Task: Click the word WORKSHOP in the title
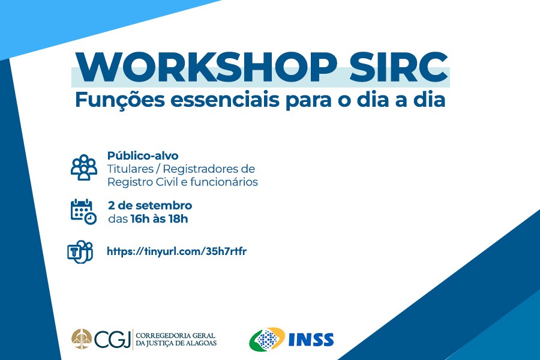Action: [206, 67]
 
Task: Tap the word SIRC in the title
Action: [398, 67]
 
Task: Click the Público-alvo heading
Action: [143, 156]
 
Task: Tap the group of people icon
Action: [83, 167]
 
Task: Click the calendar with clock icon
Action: [83, 212]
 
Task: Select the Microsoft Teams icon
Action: [80, 252]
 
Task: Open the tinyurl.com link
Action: [176, 251]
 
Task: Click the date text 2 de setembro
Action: [150, 205]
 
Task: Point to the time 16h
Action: [139, 219]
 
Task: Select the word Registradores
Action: [200, 169]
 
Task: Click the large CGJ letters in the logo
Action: [112, 340]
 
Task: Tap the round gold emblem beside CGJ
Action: [81, 339]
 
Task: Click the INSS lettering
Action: [311, 340]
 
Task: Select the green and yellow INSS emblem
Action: [267, 339]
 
